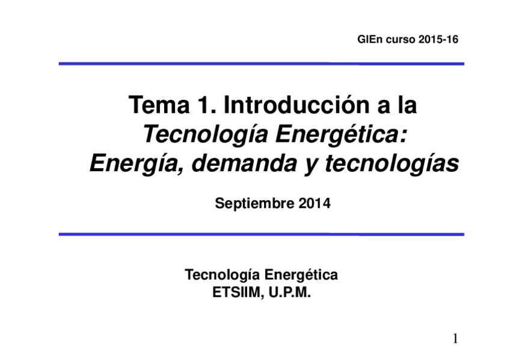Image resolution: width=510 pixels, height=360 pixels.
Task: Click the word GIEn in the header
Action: pos(367,40)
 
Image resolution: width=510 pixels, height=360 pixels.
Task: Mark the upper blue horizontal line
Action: pos(261,63)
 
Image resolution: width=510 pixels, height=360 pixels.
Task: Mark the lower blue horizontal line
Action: pos(261,234)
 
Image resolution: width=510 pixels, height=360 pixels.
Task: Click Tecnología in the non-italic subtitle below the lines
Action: pos(222,276)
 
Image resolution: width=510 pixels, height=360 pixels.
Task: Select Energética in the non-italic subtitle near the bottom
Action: pos(301,276)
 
